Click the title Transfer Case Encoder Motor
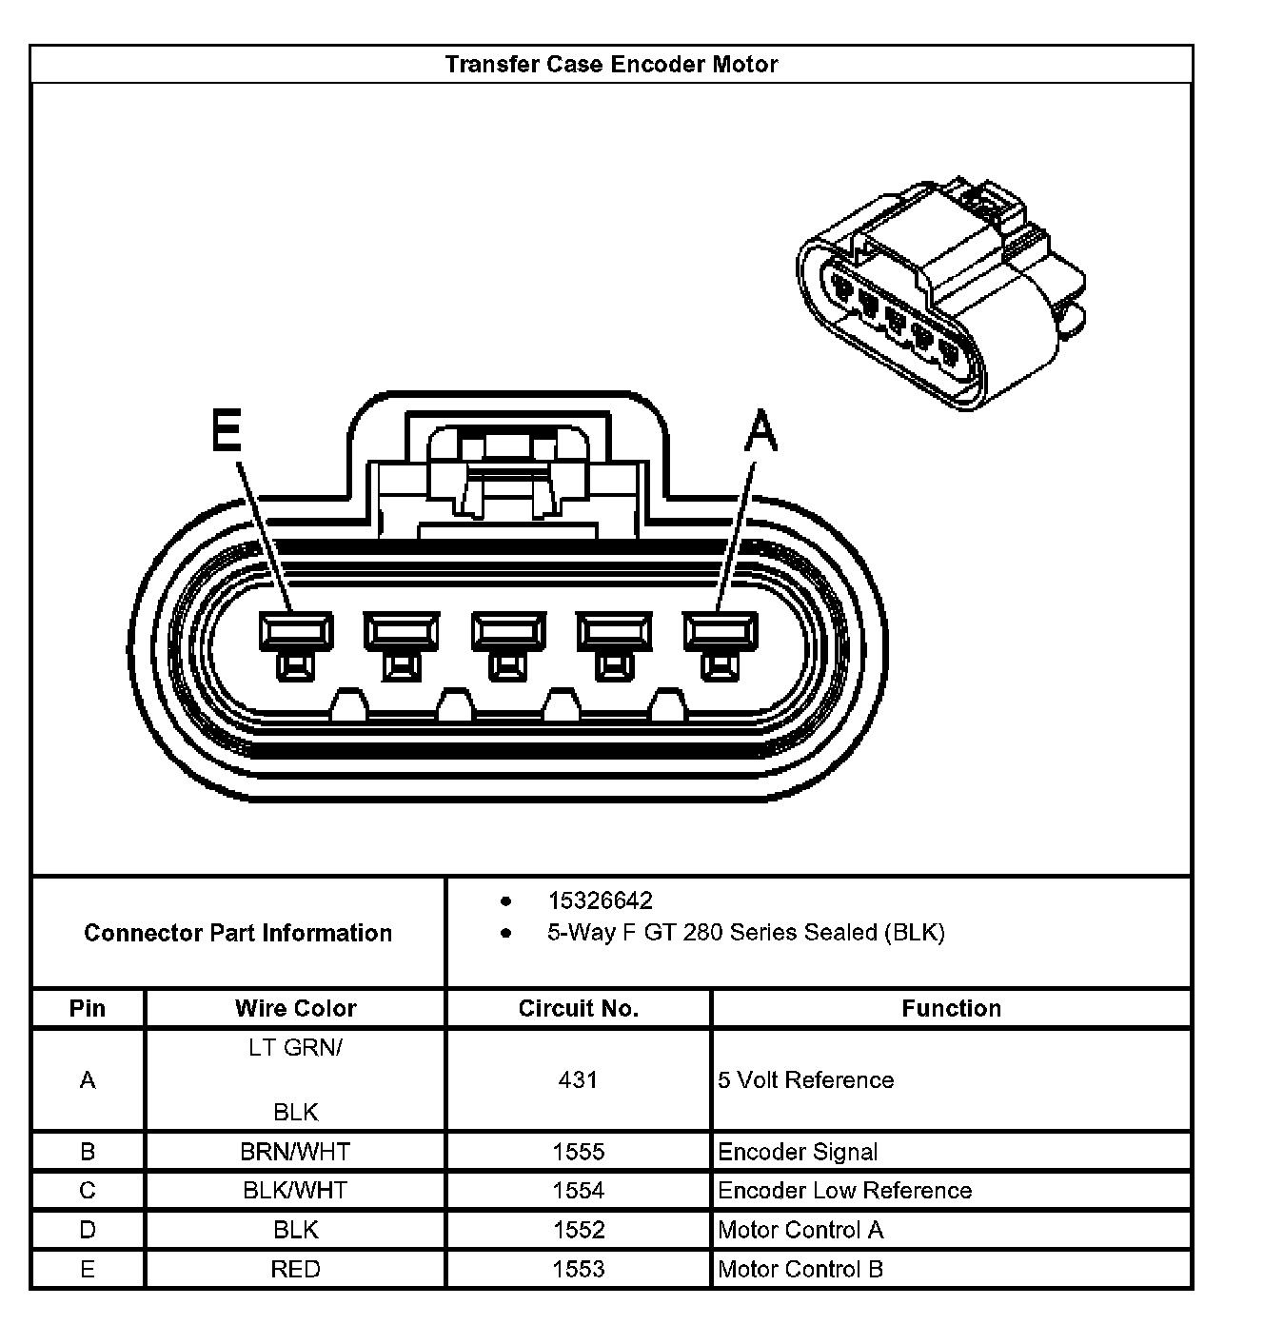pyautogui.click(x=611, y=65)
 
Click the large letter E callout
pyautogui.click(x=227, y=430)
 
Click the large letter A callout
pyautogui.click(x=760, y=430)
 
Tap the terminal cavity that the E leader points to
pyautogui.click(x=296, y=631)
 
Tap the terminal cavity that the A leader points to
pyautogui.click(x=721, y=631)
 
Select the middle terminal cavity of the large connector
pyautogui.click(x=508, y=631)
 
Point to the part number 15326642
pyautogui.click(x=600, y=900)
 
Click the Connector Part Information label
pyautogui.click(x=238, y=933)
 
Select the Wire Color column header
pyautogui.click(x=295, y=1009)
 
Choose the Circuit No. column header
pyautogui.click(x=578, y=1009)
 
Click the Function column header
pyautogui.click(x=951, y=1009)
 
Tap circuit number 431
pyautogui.click(x=578, y=1080)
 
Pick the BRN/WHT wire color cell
pyautogui.click(x=295, y=1152)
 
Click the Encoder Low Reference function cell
pyautogui.click(x=844, y=1191)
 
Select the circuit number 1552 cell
pyautogui.click(x=578, y=1230)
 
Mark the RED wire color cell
pyautogui.click(x=295, y=1269)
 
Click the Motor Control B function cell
pyautogui.click(x=800, y=1269)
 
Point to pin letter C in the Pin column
pyautogui.click(x=88, y=1191)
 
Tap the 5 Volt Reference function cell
pyautogui.click(x=806, y=1080)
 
